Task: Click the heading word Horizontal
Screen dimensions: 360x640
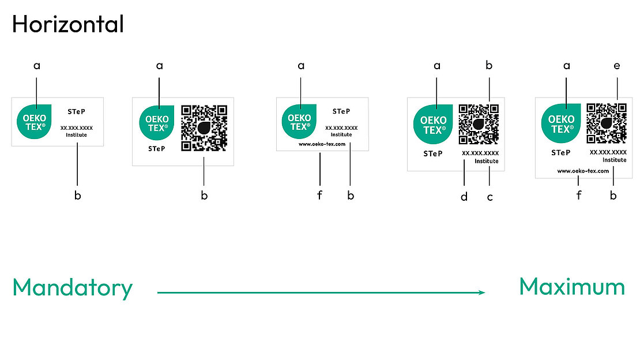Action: click(x=67, y=24)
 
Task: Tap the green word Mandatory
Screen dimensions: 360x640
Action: click(x=73, y=288)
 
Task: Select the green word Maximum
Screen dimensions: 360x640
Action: click(x=572, y=287)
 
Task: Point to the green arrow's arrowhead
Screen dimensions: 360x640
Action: click(x=482, y=292)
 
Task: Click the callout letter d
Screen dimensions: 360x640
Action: click(x=464, y=197)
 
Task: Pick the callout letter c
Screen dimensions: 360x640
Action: click(x=490, y=197)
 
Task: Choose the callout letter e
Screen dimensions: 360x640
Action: click(x=617, y=66)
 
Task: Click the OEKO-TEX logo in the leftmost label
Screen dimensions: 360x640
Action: click(x=35, y=122)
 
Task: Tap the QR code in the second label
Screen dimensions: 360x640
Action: click(x=204, y=127)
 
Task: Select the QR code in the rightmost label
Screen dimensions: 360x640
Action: click(x=607, y=123)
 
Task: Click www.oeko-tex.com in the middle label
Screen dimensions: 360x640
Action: click(x=322, y=144)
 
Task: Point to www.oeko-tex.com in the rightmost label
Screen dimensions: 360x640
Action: click(x=583, y=171)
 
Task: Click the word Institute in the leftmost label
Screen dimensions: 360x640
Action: click(x=77, y=136)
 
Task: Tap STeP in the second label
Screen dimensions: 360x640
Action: click(x=156, y=148)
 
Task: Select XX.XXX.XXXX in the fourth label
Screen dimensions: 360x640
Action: click(x=480, y=153)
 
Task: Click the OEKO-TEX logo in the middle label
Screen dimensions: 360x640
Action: click(x=299, y=122)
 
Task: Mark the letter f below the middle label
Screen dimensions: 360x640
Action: click(x=319, y=196)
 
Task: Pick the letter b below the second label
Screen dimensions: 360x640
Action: click(x=204, y=196)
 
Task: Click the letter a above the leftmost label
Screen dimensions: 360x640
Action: click(x=37, y=66)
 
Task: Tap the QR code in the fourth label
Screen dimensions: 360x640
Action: click(x=479, y=124)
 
